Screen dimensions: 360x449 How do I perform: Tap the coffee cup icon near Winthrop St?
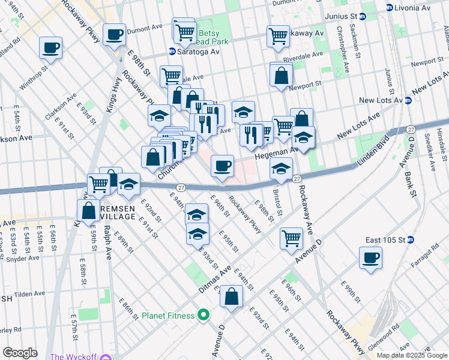51,47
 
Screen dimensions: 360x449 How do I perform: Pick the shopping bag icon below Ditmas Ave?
231,296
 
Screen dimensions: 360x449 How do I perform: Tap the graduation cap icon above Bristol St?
280,169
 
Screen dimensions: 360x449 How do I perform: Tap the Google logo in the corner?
20,353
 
